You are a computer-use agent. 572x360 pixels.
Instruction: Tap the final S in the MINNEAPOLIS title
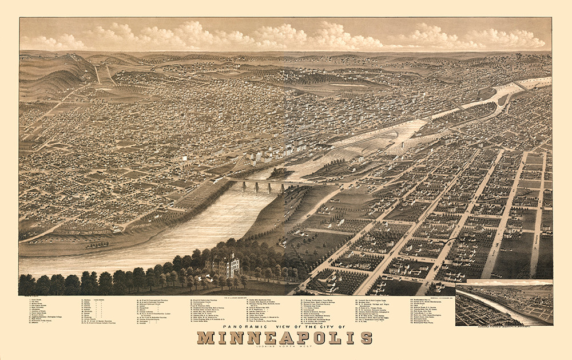click(366, 338)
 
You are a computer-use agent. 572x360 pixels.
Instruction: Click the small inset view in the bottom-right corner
click(504, 303)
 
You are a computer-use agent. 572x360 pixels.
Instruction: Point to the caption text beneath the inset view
click(504, 326)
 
